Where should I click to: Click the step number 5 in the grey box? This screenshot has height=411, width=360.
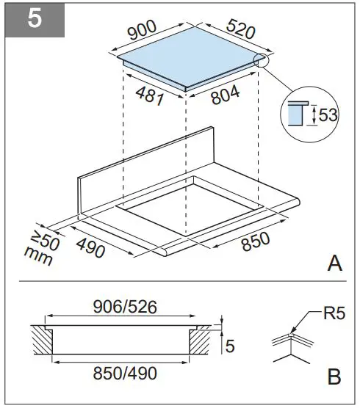35,19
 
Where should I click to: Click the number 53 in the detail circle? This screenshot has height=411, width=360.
329,115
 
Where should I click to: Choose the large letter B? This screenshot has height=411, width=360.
334,378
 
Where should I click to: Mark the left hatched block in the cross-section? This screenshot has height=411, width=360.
42,343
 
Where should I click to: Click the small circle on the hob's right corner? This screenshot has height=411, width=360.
262,62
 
